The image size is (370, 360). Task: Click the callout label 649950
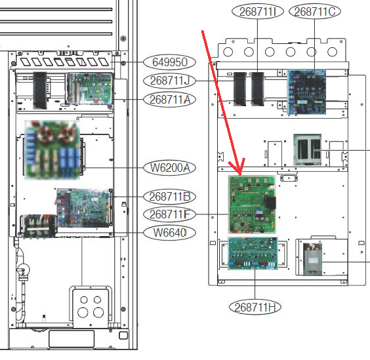[x=170, y=62]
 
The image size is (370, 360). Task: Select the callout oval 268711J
[x=170, y=81]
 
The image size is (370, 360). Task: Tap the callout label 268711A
[x=170, y=100]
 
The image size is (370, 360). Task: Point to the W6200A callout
[x=170, y=168]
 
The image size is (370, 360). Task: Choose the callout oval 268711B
[x=170, y=197]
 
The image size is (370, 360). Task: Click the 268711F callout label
[x=170, y=214]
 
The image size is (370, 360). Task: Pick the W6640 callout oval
[x=170, y=233]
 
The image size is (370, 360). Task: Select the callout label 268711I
[x=258, y=12]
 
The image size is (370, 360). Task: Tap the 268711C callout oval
[x=315, y=12]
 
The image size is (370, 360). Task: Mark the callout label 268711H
[x=255, y=307]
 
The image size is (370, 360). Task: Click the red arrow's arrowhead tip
[x=240, y=175]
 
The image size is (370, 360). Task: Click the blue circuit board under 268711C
[x=306, y=92]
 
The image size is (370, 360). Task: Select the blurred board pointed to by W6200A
[x=52, y=150]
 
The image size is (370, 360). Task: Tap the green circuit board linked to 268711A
[x=89, y=89]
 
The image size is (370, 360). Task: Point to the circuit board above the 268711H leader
[x=253, y=253]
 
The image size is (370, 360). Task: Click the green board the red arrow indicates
[x=252, y=205]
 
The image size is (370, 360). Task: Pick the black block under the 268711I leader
[x=257, y=89]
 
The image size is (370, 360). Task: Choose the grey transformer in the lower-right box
[x=312, y=259]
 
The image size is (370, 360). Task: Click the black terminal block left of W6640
[x=39, y=226]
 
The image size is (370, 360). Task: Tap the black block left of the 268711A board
[x=40, y=90]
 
